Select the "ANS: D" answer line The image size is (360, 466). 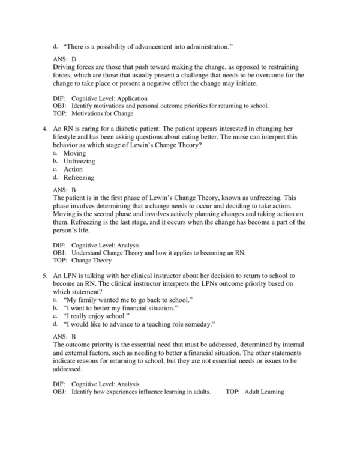65,59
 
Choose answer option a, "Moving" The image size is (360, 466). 76,154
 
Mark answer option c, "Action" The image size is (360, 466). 74,169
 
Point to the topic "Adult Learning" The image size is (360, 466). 264,392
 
